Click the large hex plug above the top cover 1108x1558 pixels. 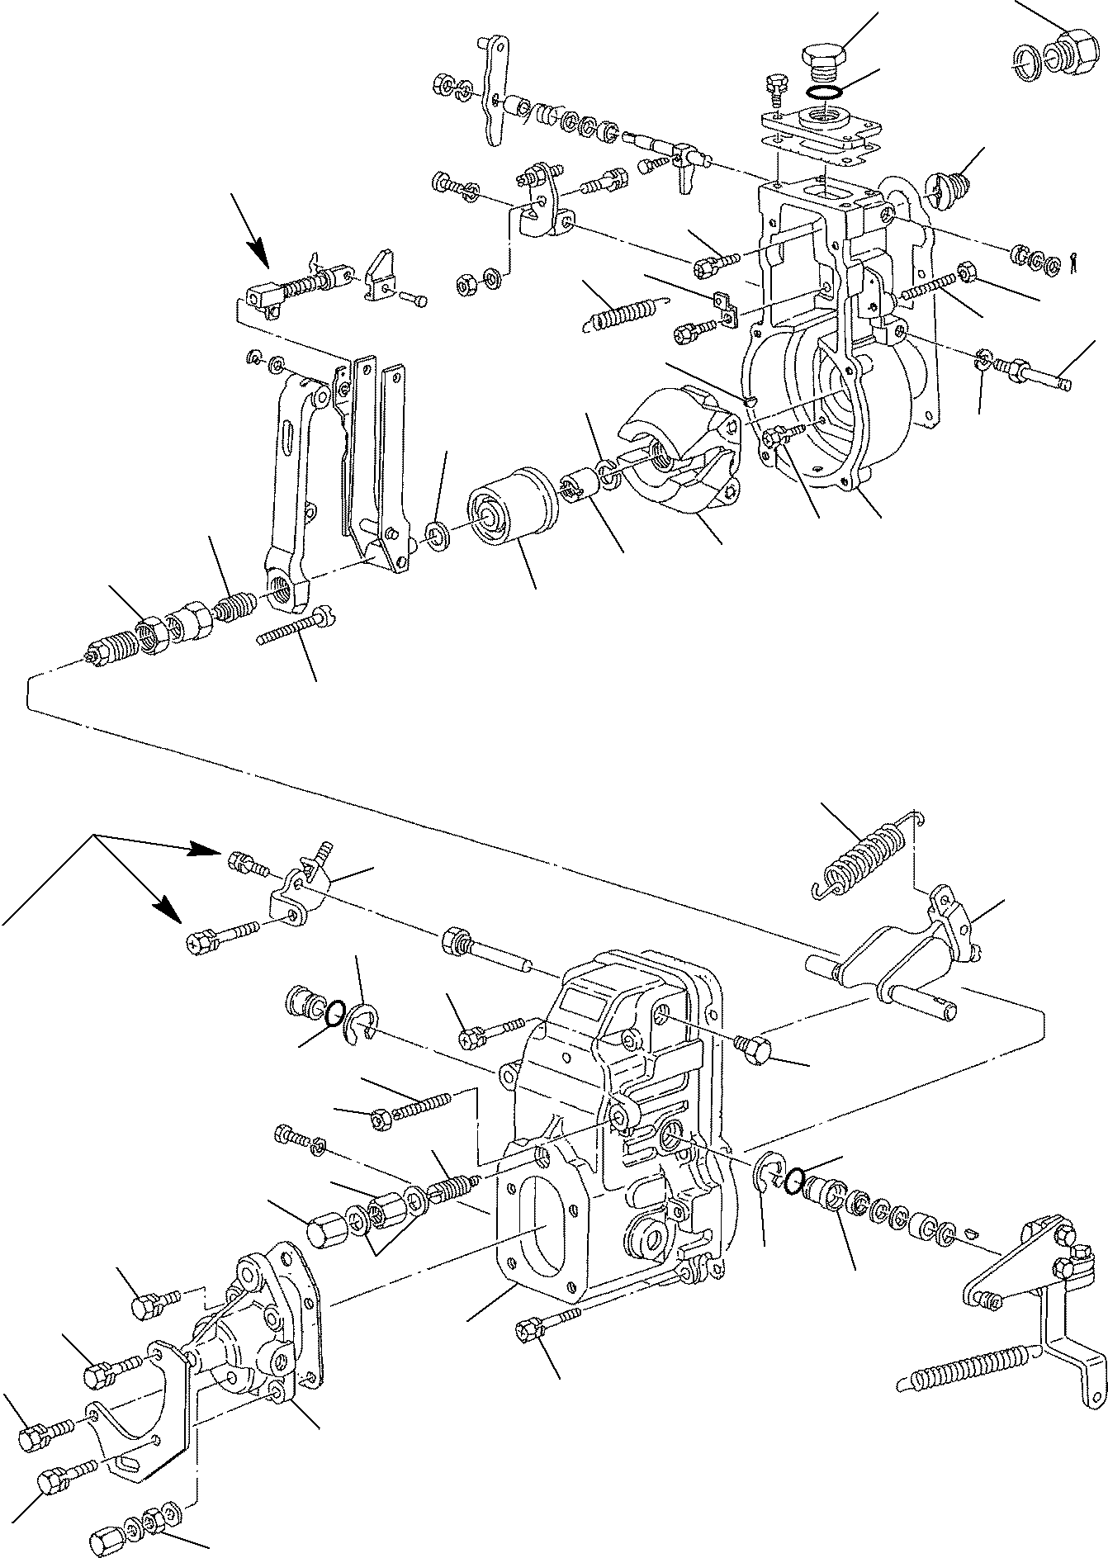[818, 61]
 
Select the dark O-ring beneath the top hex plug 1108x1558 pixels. [822, 91]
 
